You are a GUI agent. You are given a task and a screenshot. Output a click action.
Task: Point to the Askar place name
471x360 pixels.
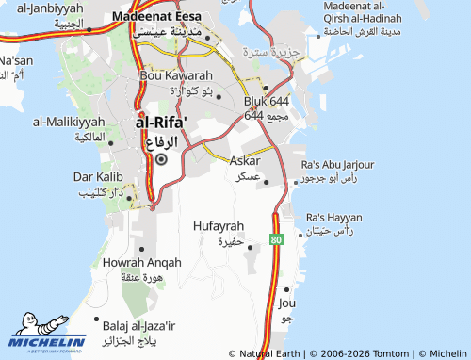pyautogui.click(x=245, y=160)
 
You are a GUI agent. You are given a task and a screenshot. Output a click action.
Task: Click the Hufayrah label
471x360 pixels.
pyautogui.click(x=218, y=227)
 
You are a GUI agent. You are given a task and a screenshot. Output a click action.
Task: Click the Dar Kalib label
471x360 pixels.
pyautogui.click(x=99, y=176)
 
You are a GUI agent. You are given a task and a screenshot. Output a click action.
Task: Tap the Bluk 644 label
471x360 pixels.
pyautogui.click(x=267, y=100)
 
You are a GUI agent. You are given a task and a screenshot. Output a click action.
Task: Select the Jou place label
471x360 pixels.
pyautogui.click(x=287, y=303)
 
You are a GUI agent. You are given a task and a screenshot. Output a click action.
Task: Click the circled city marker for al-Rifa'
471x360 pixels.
pyautogui.click(x=160, y=159)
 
